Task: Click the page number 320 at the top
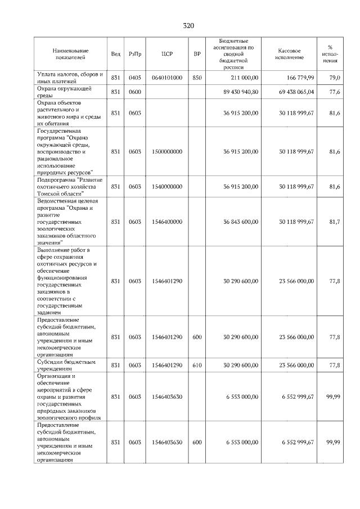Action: (188, 26)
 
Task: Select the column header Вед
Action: (115, 54)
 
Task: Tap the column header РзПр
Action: (135, 54)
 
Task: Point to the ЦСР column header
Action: (166, 54)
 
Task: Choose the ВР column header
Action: (197, 54)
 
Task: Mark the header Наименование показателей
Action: (70, 54)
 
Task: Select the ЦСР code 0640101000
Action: (166, 78)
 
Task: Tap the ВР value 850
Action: (197, 78)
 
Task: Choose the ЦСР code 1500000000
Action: (166, 151)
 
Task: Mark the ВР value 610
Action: (197, 365)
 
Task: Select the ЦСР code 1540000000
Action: (166, 186)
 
